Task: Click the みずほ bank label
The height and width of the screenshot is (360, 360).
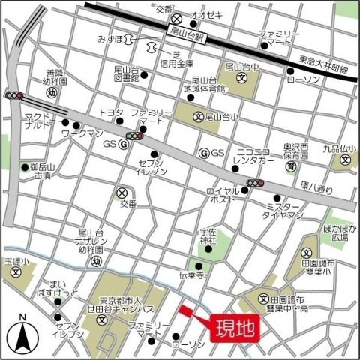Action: [x=110, y=37]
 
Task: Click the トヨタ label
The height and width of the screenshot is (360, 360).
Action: [x=110, y=112]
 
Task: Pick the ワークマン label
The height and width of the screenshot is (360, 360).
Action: [x=81, y=132]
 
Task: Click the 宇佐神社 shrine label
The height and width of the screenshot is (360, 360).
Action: [x=208, y=235]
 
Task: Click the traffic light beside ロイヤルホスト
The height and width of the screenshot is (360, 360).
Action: [x=255, y=183]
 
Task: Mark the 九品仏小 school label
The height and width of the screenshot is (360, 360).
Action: [x=337, y=149]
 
